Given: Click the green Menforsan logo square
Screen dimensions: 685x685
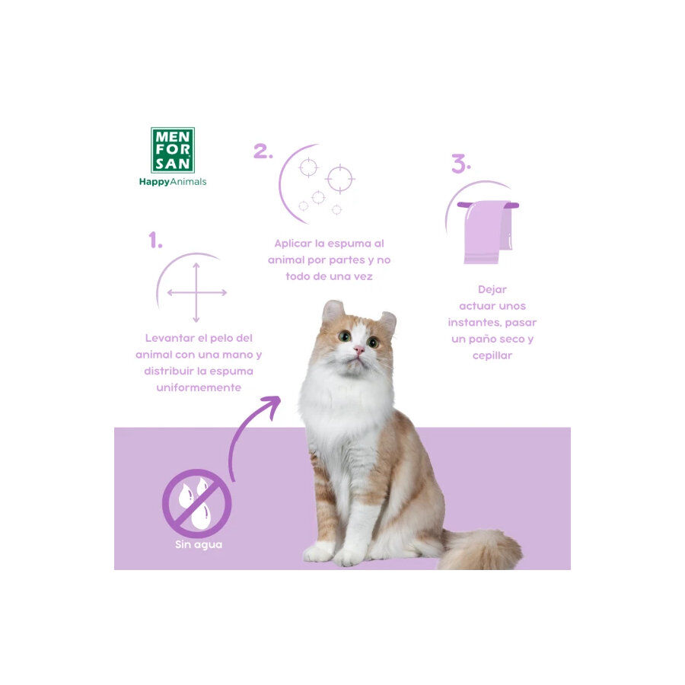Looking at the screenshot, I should click(x=173, y=149).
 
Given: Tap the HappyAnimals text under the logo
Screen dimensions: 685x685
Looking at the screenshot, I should click(x=173, y=182).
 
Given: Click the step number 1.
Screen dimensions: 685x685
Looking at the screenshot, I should click(x=155, y=241).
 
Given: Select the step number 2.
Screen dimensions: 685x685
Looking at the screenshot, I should click(x=263, y=151).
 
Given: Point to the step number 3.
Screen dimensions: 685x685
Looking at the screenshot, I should click(x=460, y=164).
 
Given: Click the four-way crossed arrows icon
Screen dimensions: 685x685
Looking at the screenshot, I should click(x=196, y=292).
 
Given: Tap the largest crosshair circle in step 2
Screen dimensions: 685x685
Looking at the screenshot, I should click(x=339, y=179).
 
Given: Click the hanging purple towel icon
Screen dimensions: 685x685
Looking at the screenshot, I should click(x=487, y=231).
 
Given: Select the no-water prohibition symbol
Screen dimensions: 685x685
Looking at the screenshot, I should click(x=196, y=503).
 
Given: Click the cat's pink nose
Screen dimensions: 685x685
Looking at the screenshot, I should click(x=358, y=350).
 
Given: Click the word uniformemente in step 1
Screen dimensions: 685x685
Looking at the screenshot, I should click(x=199, y=387).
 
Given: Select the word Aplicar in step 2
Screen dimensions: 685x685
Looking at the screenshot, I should click(x=294, y=244).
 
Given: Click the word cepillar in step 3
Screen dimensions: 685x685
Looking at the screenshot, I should click(x=492, y=355).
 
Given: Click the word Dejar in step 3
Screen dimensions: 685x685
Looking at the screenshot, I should click(x=492, y=289).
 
